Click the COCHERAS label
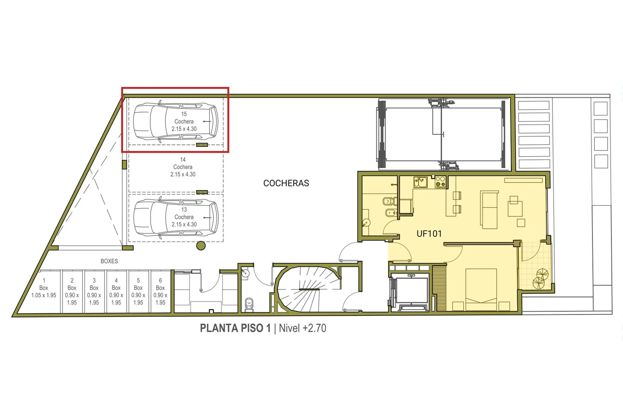click(x=286, y=183)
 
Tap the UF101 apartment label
click(x=429, y=234)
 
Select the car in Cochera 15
click(x=176, y=122)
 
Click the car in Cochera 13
click(x=176, y=217)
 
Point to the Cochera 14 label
click(x=183, y=167)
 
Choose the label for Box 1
click(x=44, y=288)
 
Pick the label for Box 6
click(x=160, y=292)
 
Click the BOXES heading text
click(x=109, y=261)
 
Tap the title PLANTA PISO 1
click(x=235, y=328)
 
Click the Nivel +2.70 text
click(x=302, y=328)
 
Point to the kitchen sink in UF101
click(x=421, y=182)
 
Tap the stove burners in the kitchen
click(x=440, y=182)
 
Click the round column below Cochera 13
click(x=201, y=246)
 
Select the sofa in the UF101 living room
click(x=489, y=210)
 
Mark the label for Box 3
click(x=94, y=292)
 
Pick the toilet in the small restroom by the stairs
click(x=249, y=305)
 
